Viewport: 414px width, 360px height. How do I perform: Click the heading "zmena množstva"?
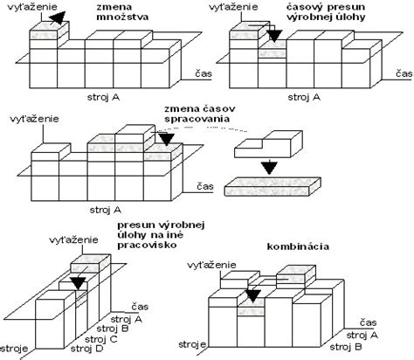[122, 12]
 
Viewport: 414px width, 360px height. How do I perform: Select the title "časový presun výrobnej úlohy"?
[326, 12]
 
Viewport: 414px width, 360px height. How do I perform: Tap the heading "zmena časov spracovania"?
[200, 114]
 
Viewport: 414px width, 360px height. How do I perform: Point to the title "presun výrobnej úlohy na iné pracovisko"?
[161, 235]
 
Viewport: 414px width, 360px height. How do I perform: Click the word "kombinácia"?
[298, 246]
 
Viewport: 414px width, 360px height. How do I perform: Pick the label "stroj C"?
[101, 339]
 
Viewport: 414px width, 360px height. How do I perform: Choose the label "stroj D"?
[86, 349]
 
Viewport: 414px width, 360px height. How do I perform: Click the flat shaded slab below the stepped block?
[273, 186]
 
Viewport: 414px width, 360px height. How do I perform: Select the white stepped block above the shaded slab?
[268, 144]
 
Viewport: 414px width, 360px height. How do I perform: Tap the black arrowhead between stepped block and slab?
[269, 168]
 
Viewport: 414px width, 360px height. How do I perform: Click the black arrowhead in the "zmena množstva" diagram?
[58, 17]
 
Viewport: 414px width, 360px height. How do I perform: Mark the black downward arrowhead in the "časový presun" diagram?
[274, 36]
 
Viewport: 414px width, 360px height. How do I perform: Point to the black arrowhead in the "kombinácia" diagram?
[252, 296]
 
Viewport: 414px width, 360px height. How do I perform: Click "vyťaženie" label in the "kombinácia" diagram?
[211, 266]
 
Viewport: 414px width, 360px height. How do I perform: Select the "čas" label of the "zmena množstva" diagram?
[204, 73]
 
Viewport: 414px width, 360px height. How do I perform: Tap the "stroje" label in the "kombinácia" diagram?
[192, 345]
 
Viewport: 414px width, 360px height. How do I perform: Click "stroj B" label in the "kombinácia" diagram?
[346, 347]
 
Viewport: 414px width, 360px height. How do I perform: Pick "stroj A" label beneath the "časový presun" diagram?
[304, 97]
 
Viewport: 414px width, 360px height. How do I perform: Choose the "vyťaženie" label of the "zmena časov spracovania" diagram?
[34, 119]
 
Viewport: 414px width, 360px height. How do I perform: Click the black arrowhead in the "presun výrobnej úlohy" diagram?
[79, 283]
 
